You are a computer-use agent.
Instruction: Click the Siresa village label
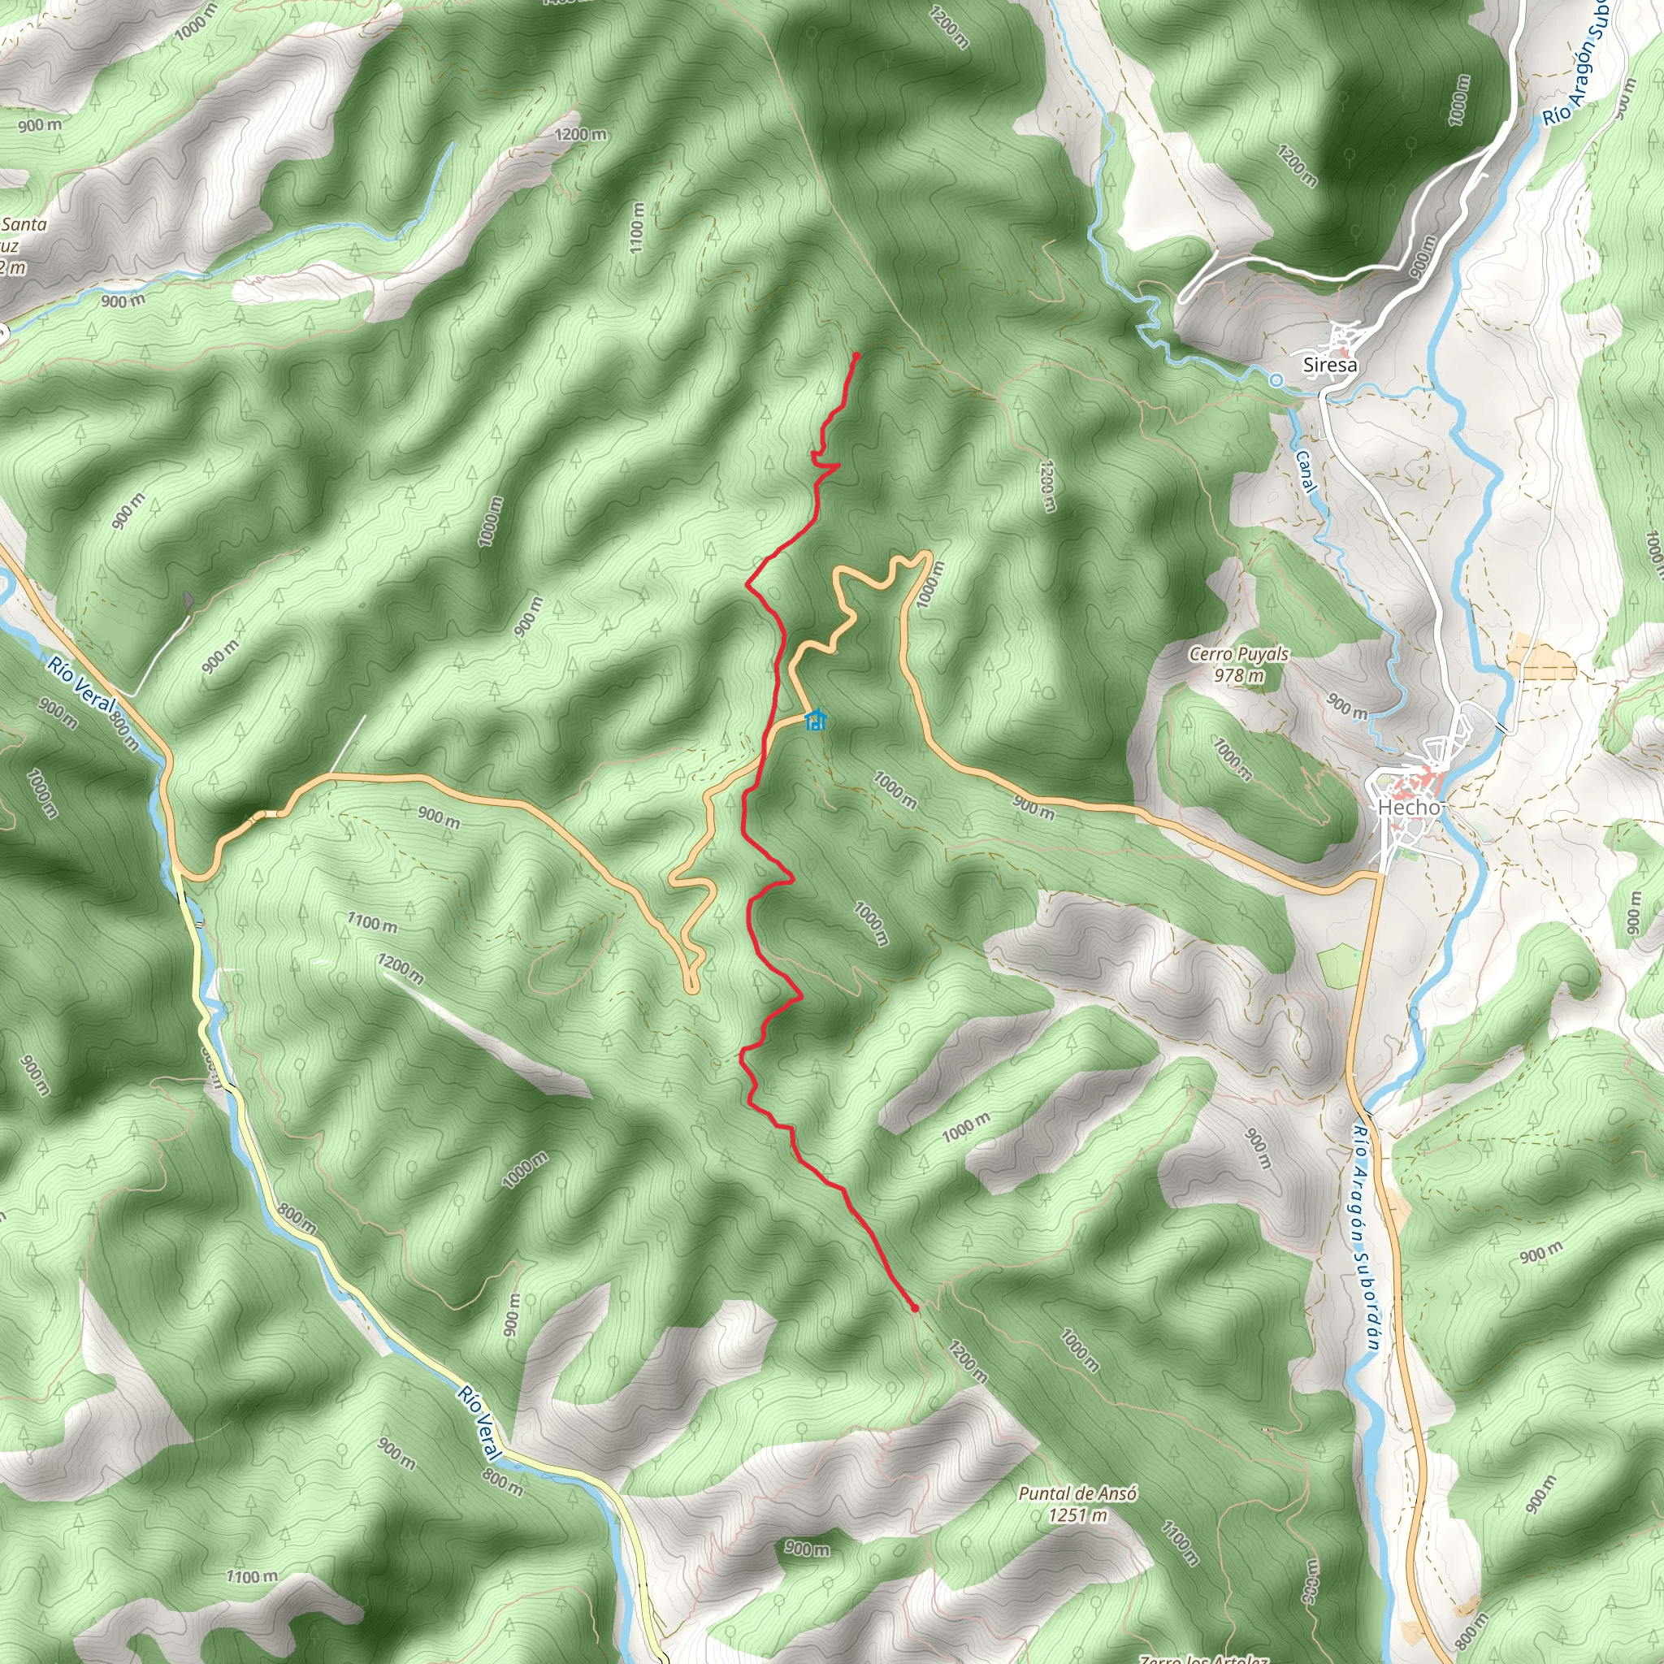[x=1330, y=364]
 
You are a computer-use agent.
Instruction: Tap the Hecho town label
[x=1408, y=807]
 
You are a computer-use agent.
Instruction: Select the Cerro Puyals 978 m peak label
[x=1238, y=664]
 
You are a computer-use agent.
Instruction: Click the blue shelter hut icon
[x=815, y=719]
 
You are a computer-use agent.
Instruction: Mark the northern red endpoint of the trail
[x=856, y=355]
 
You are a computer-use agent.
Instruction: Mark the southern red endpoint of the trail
[x=915, y=1308]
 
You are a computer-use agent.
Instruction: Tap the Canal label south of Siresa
[x=1306, y=472]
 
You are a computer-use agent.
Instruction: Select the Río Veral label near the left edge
[x=81, y=685]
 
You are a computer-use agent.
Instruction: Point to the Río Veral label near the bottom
[x=479, y=1423]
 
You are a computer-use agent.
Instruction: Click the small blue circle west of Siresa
[x=1276, y=379]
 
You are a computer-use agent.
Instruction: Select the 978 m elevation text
[x=1238, y=675]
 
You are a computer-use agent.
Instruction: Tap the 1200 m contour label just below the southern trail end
[x=967, y=1361]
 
